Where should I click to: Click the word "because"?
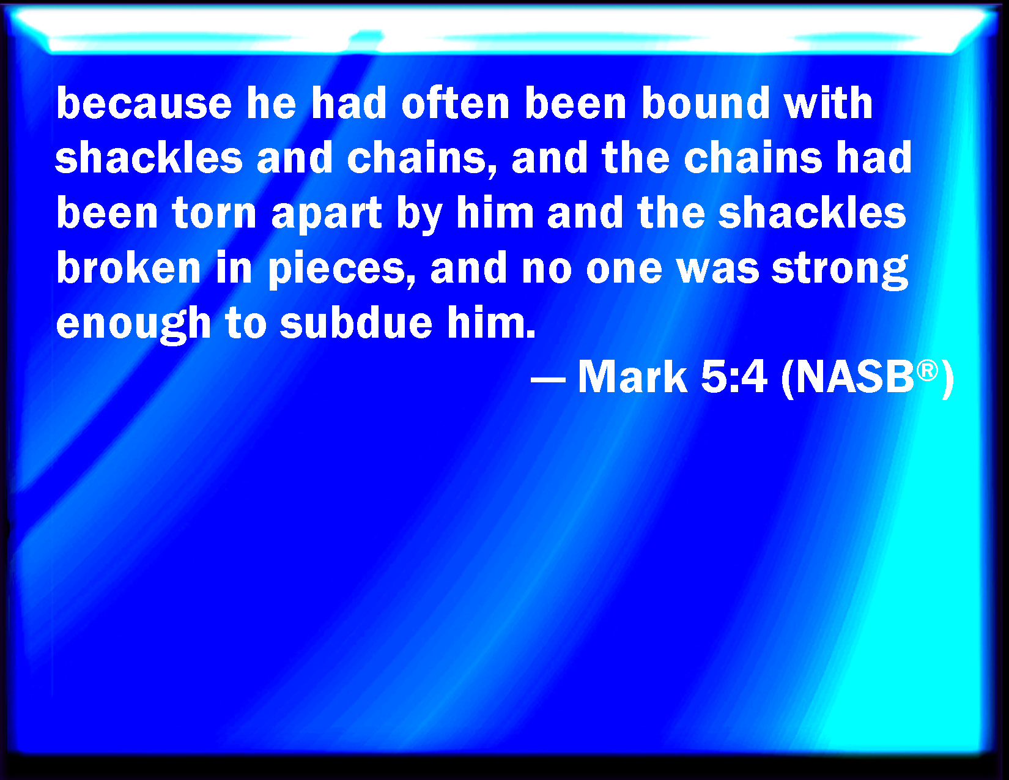point(144,103)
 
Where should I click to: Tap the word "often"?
point(456,103)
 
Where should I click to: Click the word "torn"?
point(214,213)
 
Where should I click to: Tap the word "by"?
point(419,215)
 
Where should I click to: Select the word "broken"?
point(128,267)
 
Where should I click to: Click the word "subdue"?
point(357,323)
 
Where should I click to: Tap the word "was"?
point(719,269)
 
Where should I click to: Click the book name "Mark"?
point(632,377)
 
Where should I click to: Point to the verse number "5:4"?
point(734,377)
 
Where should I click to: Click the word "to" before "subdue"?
point(246,324)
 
